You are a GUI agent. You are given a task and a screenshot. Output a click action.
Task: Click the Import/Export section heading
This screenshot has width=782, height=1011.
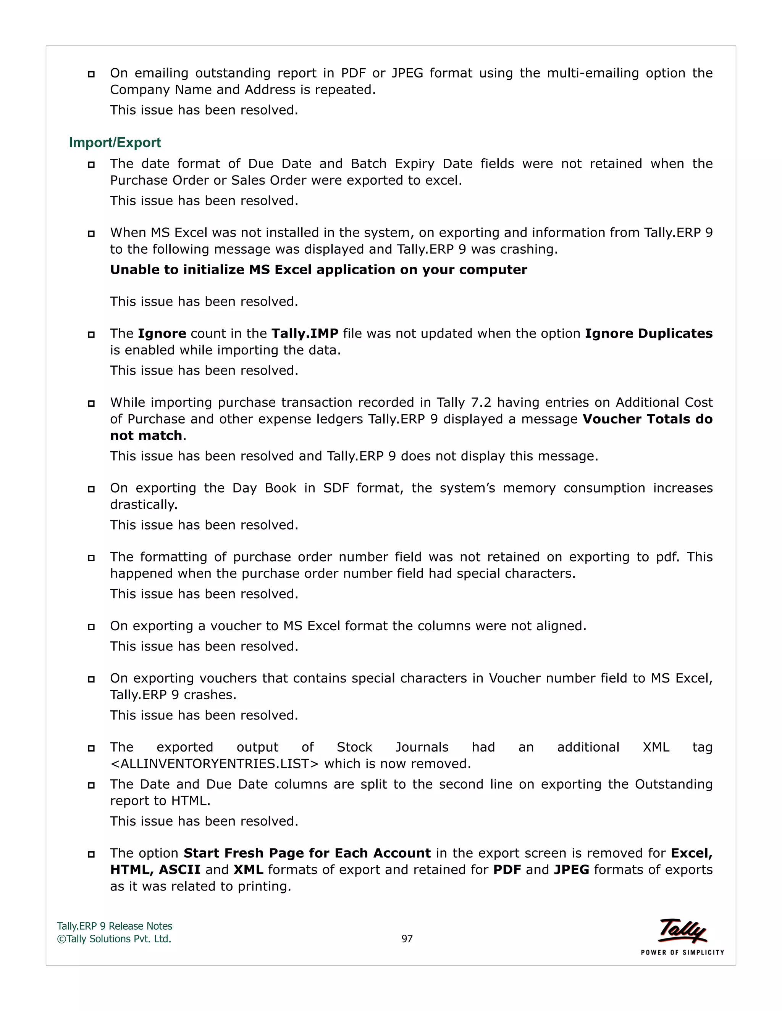tap(115, 143)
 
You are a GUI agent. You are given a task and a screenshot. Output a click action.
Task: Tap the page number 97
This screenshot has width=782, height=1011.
tap(407, 939)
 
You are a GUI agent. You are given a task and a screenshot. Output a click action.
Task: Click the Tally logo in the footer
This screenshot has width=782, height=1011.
tap(682, 931)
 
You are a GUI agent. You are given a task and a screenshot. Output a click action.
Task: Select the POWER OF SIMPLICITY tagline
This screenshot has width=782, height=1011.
tap(682, 952)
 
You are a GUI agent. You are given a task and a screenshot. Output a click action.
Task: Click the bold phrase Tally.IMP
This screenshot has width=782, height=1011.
tap(304, 333)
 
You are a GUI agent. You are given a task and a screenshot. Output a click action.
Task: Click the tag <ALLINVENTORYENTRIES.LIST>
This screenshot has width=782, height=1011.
tap(215, 763)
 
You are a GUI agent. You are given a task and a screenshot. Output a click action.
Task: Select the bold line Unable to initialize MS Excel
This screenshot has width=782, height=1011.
tap(318, 269)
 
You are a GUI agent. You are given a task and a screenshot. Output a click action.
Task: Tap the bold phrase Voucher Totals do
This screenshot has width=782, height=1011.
tap(647, 419)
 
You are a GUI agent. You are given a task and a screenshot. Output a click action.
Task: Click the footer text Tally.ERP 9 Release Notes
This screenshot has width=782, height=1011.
tap(115, 926)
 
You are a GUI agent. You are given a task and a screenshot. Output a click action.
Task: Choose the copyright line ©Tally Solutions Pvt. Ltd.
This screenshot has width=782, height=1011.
tap(114, 939)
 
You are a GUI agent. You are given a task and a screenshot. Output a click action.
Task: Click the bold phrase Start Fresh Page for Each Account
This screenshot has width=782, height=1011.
tap(307, 853)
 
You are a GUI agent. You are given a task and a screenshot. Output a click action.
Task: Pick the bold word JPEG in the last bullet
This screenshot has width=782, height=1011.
tap(571, 869)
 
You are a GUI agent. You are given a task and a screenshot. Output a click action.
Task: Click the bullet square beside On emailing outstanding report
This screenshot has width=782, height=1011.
tap(91, 74)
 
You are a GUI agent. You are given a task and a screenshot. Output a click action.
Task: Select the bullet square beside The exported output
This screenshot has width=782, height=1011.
tap(91, 748)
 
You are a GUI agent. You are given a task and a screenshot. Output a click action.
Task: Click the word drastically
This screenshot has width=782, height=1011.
tap(144, 505)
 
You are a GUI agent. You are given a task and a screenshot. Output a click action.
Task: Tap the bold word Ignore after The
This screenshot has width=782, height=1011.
tap(162, 333)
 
